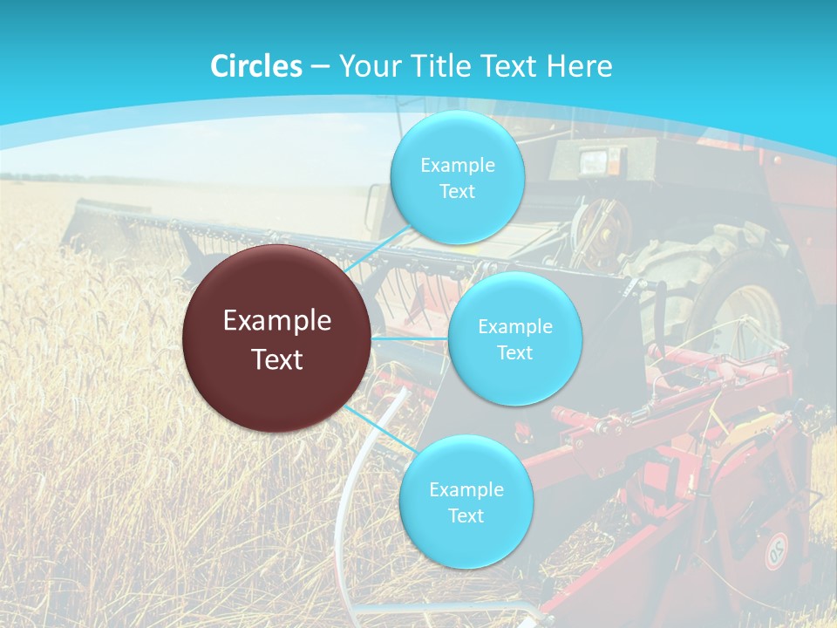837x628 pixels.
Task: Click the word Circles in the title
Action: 256,66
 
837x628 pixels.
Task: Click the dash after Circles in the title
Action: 320,67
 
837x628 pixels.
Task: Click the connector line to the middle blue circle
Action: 410,338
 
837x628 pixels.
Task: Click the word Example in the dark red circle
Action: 277,321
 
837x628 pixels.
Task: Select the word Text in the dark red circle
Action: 277,359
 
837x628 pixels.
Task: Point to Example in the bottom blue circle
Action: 466,489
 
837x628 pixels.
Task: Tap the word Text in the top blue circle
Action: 457,192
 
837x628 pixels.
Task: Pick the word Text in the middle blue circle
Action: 514,352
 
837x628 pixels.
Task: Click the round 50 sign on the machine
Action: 775,551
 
